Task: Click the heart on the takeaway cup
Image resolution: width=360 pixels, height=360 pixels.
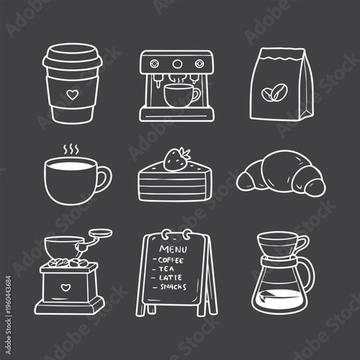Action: coord(70,94)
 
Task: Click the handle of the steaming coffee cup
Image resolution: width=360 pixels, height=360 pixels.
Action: coord(105,178)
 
